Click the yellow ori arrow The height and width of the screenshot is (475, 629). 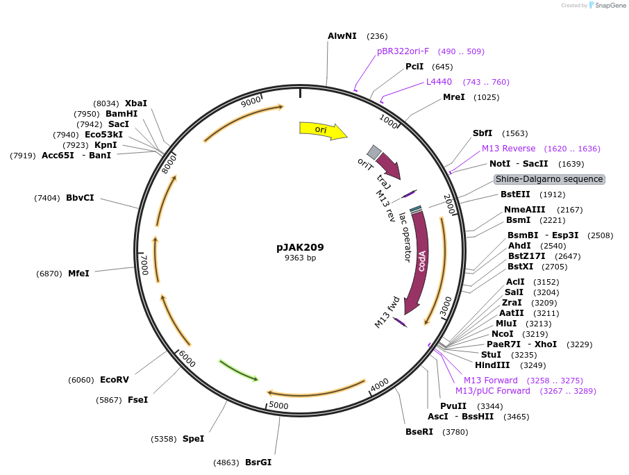click(x=322, y=130)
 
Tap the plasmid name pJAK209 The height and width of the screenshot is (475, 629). click(x=300, y=247)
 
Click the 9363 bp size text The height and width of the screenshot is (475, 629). click(x=300, y=258)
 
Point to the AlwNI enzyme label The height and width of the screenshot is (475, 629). click(x=342, y=35)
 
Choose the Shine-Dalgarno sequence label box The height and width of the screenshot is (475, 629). click(x=549, y=179)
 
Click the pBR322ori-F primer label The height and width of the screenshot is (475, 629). click(x=403, y=51)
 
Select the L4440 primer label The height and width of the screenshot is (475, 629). click(x=439, y=82)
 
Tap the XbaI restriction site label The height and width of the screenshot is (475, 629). click(x=135, y=103)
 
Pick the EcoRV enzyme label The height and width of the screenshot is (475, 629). click(x=114, y=380)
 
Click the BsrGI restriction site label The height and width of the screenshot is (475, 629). click(x=258, y=462)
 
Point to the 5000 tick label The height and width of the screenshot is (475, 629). click(x=278, y=405)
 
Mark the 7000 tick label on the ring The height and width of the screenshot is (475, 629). click(x=145, y=265)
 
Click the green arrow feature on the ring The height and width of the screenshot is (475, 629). click(x=239, y=370)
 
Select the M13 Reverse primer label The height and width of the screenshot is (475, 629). click(x=508, y=149)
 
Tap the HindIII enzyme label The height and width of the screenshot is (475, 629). click(x=492, y=365)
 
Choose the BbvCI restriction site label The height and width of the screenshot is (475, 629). click(x=80, y=198)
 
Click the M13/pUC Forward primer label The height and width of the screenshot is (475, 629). click(x=492, y=391)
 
